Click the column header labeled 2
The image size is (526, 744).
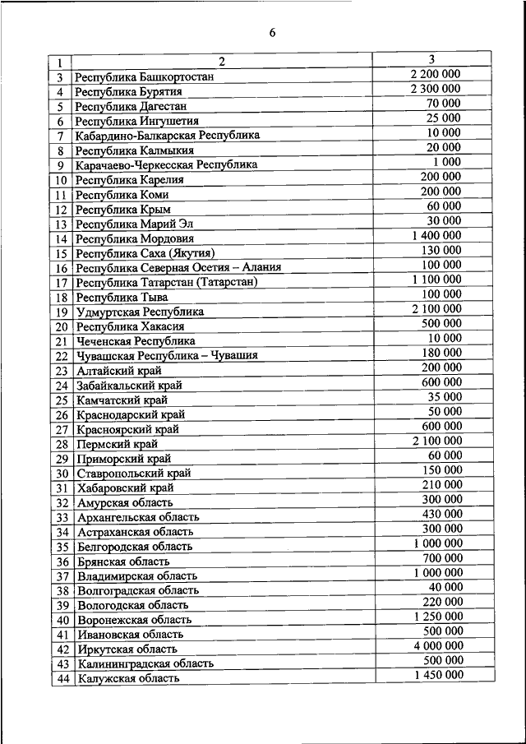pos(221,62)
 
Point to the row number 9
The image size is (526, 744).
pos(60,165)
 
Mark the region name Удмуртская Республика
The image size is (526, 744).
pos(139,312)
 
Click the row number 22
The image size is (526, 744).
pos(60,356)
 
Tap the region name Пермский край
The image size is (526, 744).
pos(117,445)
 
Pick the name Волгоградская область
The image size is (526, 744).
pos(138,591)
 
